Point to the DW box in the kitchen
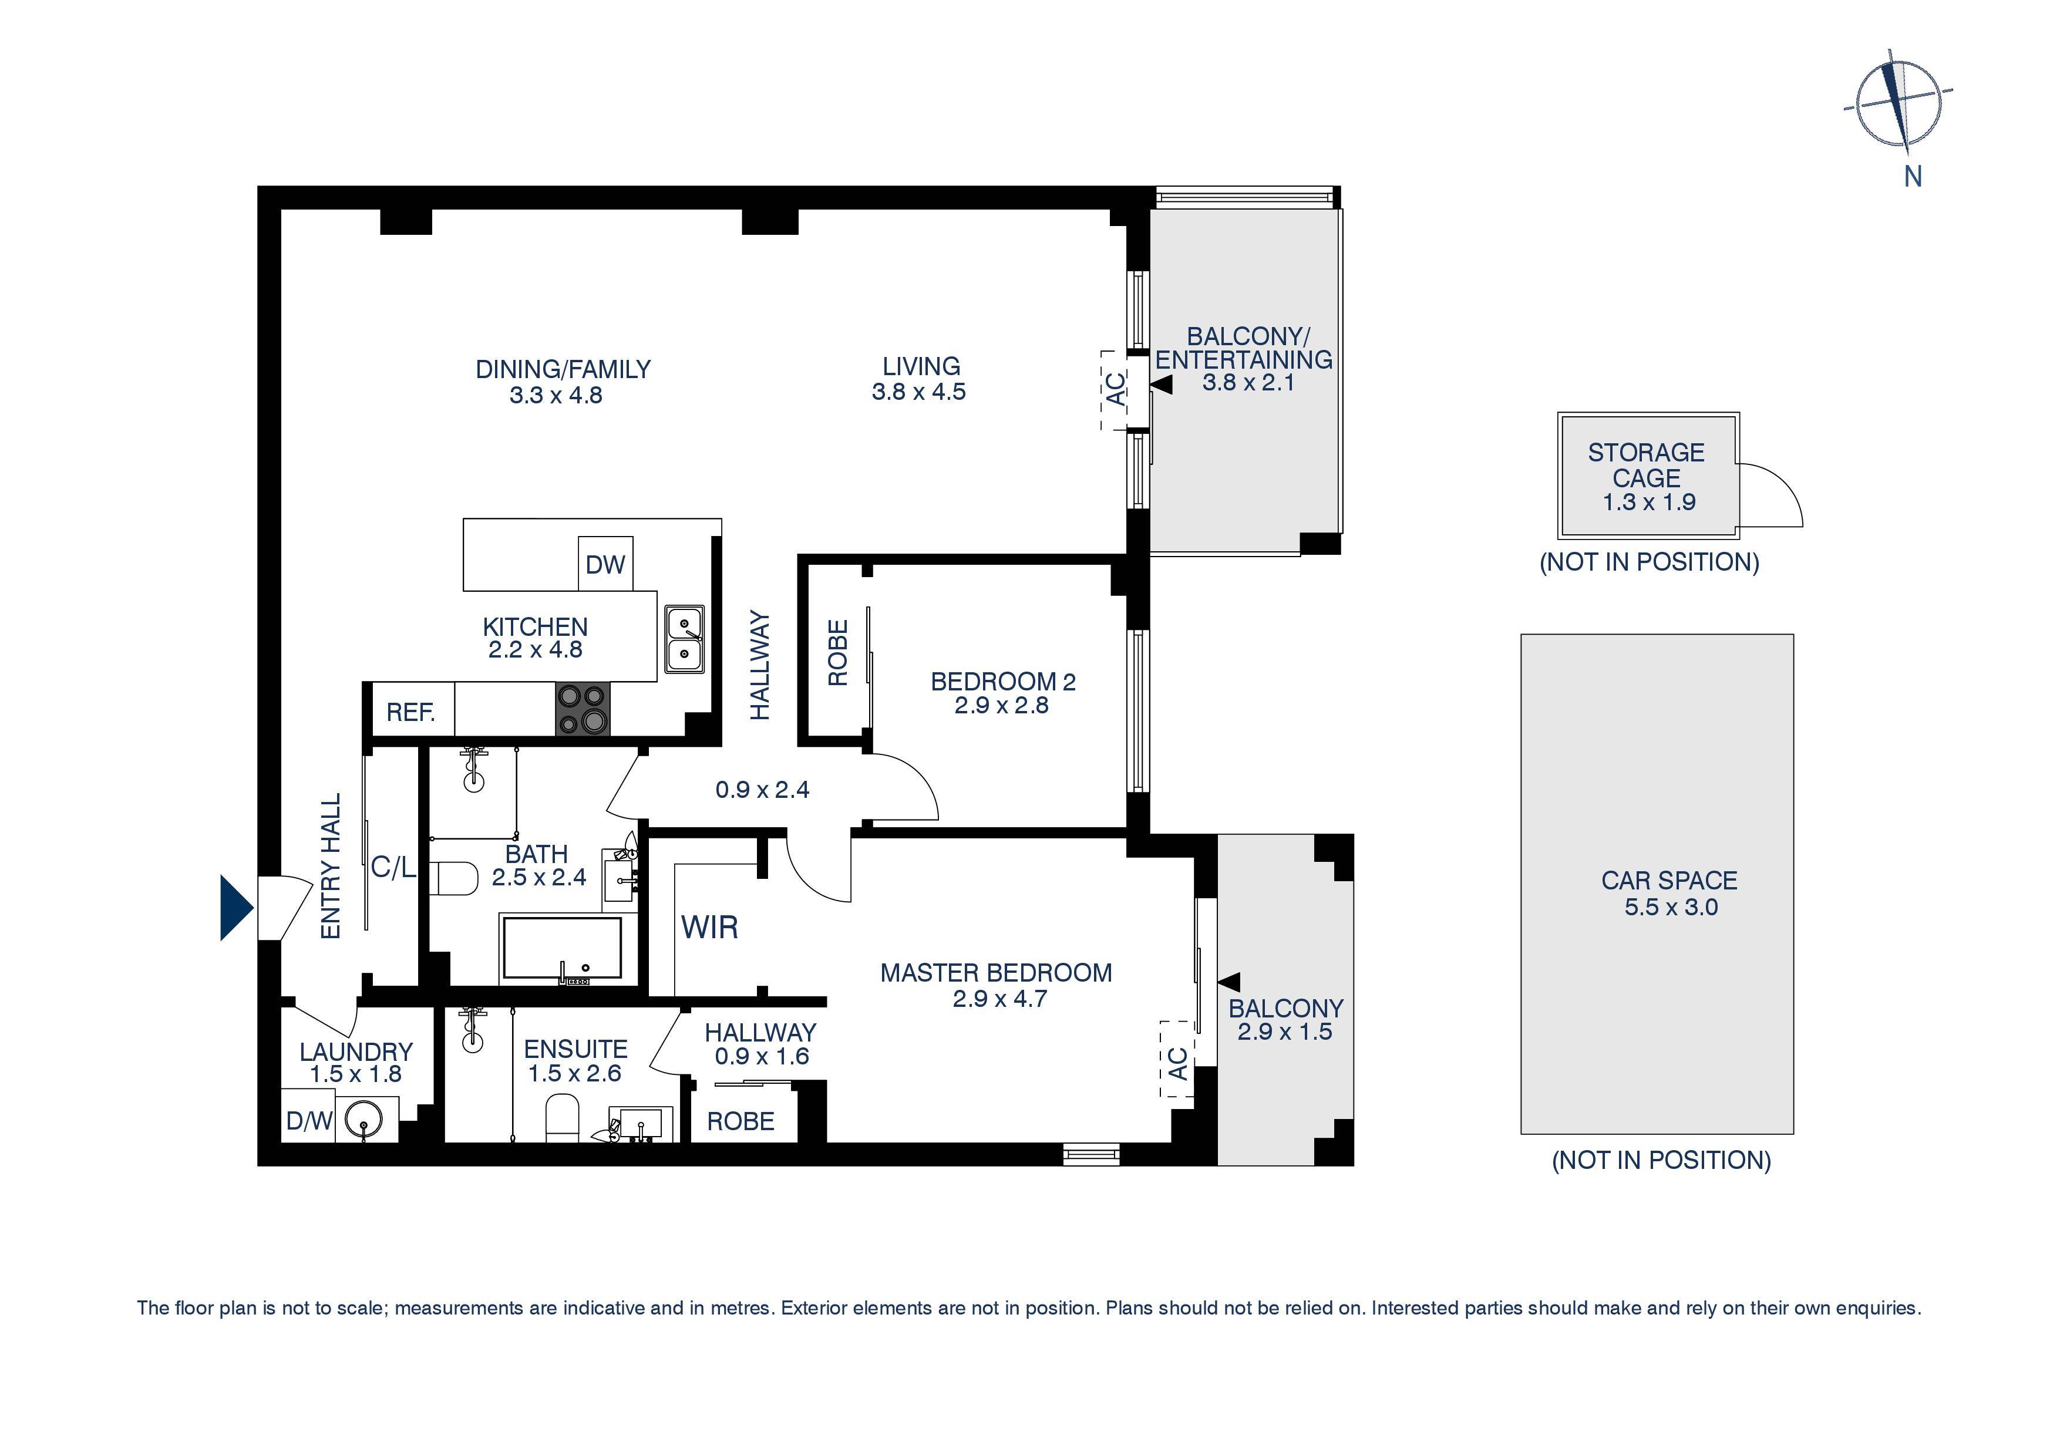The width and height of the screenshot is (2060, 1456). click(x=605, y=564)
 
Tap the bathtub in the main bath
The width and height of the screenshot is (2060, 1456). click(x=561, y=948)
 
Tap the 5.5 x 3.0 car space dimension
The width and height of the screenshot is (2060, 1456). click(x=1671, y=907)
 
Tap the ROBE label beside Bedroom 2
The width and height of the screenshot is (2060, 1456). click(x=837, y=653)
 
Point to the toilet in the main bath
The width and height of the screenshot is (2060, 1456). click(x=456, y=878)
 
